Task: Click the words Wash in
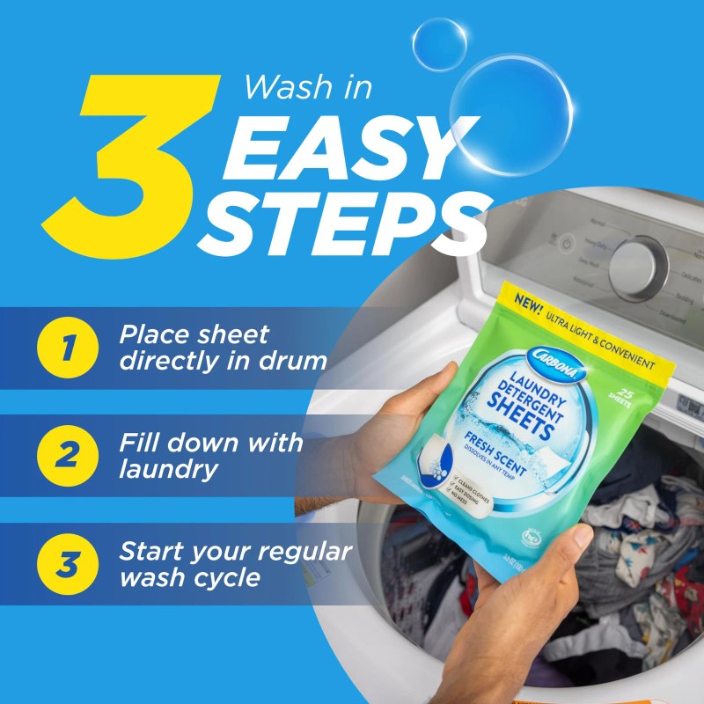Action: [308, 87]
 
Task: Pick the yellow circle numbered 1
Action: [66, 348]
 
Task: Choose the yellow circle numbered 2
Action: [66, 456]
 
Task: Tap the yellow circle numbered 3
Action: [66, 564]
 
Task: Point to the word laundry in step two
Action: [169, 469]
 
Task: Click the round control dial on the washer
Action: [639, 267]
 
